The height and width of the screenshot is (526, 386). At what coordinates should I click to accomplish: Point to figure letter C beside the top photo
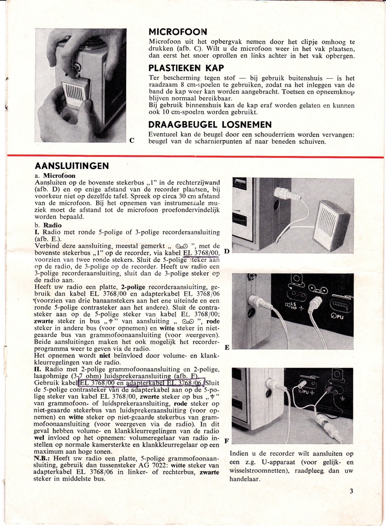coord(131,141)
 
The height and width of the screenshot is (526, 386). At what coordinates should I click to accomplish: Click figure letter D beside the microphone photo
coord(227,252)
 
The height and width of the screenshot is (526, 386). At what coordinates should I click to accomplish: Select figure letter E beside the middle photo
coord(227,348)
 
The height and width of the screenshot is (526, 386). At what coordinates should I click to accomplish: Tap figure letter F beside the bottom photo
coord(227,441)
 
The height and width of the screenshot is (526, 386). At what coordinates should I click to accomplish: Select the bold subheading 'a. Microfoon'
coord(53,176)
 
